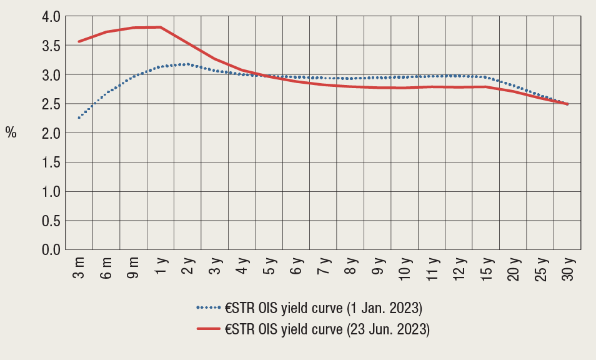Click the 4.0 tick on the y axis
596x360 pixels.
pyautogui.click(x=51, y=17)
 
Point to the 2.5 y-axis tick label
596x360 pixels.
pyautogui.click(x=51, y=104)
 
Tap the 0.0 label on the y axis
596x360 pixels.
pyautogui.click(x=51, y=250)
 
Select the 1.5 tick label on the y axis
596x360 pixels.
pyautogui.click(x=51, y=162)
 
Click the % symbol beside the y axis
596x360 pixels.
pyautogui.click(x=11, y=132)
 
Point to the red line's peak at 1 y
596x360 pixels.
pyautogui.click(x=161, y=27)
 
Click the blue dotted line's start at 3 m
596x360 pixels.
pyautogui.click(x=79, y=117)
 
